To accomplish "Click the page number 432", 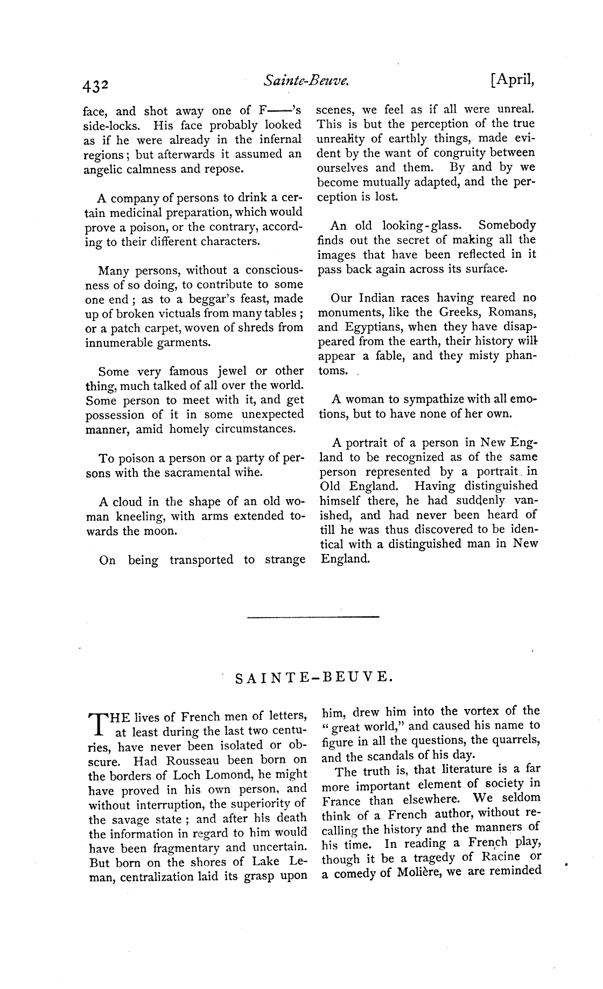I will point(96,86).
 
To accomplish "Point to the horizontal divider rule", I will point(313,616).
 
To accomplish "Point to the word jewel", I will point(232,371).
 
